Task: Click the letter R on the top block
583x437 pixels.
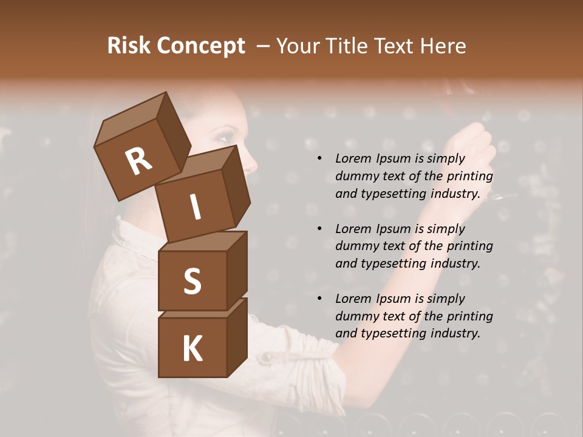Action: click(x=138, y=161)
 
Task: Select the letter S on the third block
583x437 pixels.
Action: click(x=192, y=280)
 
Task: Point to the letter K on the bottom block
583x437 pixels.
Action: click(x=192, y=349)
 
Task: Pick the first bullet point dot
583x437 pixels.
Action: click(x=319, y=158)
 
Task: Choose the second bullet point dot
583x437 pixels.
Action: click(x=319, y=229)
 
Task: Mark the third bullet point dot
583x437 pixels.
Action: click(x=319, y=299)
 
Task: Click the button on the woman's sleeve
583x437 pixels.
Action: click(x=265, y=359)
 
